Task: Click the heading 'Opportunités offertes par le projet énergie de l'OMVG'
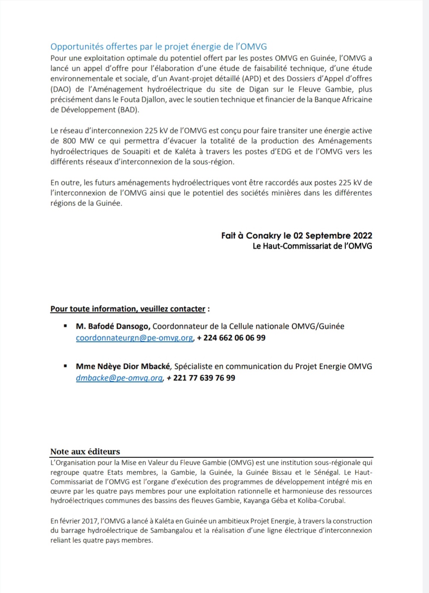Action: coord(159,46)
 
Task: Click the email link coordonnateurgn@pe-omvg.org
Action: coord(134,338)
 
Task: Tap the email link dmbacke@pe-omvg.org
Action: coord(119,378)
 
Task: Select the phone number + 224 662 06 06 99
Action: coord(231,338)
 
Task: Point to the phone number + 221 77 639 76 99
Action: coord(201,378)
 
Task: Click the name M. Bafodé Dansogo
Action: coord(113,326)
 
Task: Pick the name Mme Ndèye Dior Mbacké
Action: coord(123,366)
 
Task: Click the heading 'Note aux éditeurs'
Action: coord(85,451)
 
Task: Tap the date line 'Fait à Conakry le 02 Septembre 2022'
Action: coord(296,235)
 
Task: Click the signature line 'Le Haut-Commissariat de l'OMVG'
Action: coord(312,246)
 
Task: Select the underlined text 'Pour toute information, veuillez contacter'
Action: coord(128,309)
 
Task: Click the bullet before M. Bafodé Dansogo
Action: coord(65,326)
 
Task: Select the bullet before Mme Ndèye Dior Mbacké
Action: coord(65,366)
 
